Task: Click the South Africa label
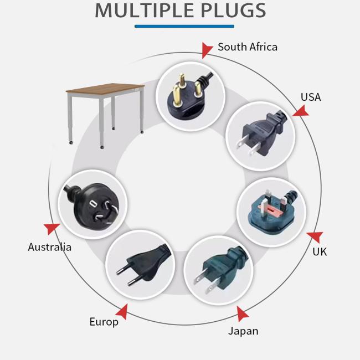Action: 248,47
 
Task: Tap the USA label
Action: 311,97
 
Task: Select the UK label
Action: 320,252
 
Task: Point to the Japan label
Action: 243,331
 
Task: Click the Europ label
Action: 104,322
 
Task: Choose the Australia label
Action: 50,247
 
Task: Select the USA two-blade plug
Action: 261,135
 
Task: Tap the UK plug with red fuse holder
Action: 272,212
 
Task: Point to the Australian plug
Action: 92,204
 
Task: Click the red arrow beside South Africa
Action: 207,50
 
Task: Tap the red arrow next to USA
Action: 301,111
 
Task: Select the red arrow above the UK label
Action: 316,237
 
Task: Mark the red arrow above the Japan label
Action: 242,313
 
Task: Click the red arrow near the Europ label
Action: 122,312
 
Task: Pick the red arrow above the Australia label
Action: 52,229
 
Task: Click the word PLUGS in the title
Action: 233,11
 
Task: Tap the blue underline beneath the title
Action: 184,27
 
